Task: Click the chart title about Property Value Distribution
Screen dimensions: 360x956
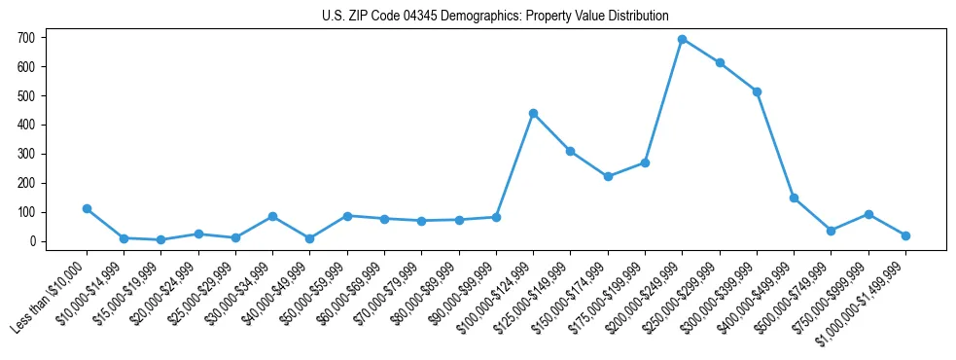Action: point(495,16)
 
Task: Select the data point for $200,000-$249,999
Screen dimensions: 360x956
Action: point(683,39)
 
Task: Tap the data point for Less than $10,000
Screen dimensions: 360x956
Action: point(87,208)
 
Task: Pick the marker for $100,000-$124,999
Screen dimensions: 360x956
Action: point(533,113)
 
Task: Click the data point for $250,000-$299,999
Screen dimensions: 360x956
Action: point(720,62)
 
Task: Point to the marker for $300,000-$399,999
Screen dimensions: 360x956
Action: point(757,91)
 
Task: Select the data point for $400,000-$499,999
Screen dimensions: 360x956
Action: point(794,198)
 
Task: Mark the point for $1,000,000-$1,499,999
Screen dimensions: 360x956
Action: point(905,235)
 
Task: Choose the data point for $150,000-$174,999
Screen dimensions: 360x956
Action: point(608,176)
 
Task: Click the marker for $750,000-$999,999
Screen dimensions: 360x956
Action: point(868,214)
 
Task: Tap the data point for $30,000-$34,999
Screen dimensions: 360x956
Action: point(272,216)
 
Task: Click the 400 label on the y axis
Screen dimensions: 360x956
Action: point(28,125)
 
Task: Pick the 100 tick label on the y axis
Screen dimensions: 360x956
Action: point(28,212)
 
